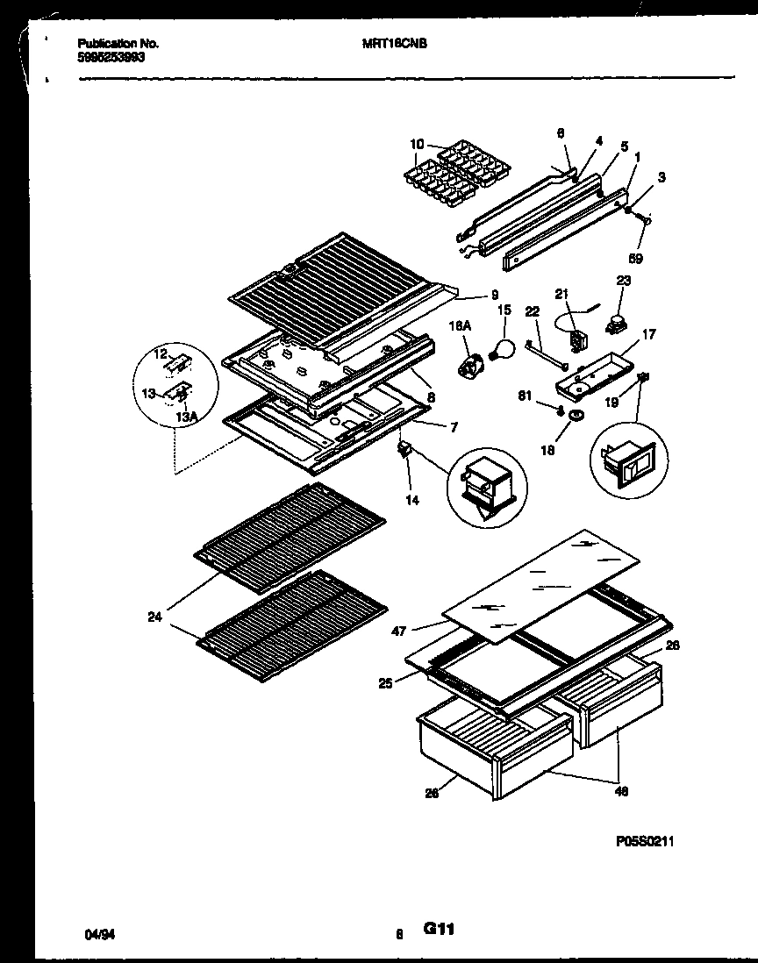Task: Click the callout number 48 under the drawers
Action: [x=620, y=790]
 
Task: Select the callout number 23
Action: [x=624, y=282]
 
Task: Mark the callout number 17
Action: [x=650, y=333]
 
